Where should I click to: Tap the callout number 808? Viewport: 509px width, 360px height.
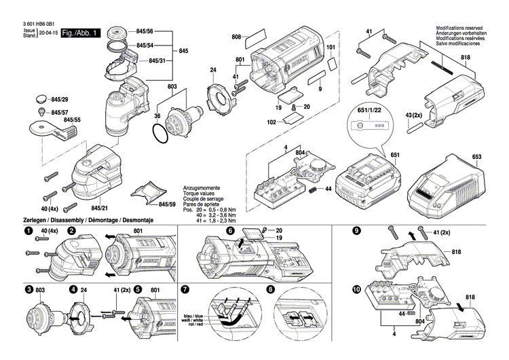coord(236,35)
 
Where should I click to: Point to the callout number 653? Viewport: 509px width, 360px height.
coord(476,158)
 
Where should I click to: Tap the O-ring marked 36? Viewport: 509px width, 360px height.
coord(160,136)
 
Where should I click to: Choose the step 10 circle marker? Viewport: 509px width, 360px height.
coord(356,289)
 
